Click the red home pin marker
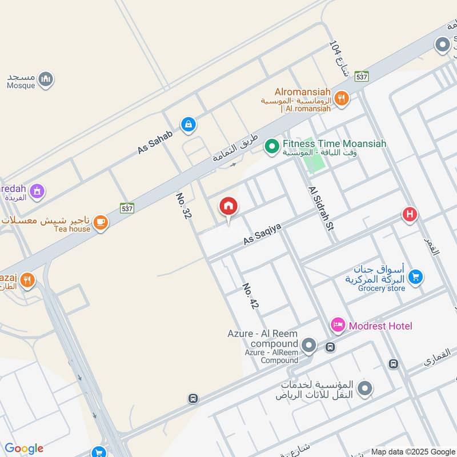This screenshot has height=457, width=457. [x=228, y=206]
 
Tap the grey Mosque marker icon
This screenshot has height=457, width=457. [x=46, y=79]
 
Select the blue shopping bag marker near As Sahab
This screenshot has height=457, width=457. [x=188, y=124]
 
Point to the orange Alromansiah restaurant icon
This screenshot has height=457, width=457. [x=342, y=98]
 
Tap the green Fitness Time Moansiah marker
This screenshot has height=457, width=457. [x=271, y=147]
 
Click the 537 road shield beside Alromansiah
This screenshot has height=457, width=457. [x=361, y=76]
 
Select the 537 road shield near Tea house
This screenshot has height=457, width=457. [x=127, y=208]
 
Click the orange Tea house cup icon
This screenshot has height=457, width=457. [x=101, y=222]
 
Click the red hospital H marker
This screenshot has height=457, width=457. [x=409, y=215]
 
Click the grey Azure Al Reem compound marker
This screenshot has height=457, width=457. [x=309, y=345]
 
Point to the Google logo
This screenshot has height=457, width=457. [x=24, y=448]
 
